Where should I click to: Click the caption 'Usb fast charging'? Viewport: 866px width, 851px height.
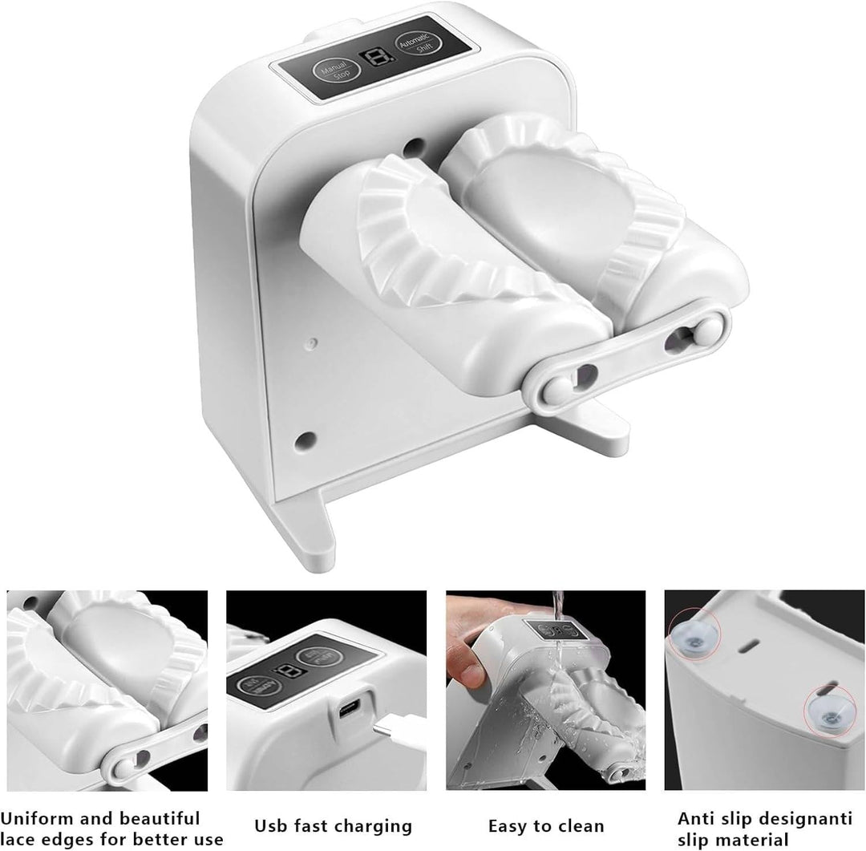(333, 825)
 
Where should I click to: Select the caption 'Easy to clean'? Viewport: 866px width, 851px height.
(546, 825)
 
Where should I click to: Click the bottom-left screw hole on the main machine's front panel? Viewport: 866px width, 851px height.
(303, 440)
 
